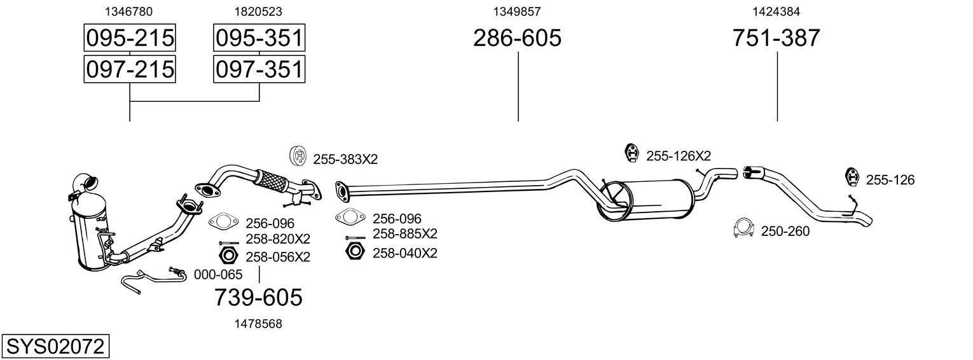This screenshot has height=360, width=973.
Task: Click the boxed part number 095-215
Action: [x=130, y=38]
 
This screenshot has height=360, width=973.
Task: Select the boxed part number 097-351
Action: [x=259, y=69]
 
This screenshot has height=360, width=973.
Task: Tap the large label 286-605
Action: [x=517, y=38]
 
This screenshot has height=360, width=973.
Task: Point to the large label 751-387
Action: [x=776, y=38]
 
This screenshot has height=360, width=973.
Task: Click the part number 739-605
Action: [x=258, y=297]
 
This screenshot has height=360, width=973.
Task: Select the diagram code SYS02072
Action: [x=55, y=347]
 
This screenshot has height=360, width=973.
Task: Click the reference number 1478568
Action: [x=258, y=324]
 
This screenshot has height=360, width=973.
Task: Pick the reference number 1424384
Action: [x=776, y=11]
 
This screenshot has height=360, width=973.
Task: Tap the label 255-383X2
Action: [x=345, y=159]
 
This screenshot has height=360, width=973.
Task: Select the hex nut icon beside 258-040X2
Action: [x=354, y=252]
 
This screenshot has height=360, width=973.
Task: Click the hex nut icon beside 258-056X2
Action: [x=228, y=256]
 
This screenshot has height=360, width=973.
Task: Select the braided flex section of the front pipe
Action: [x=269, y=178]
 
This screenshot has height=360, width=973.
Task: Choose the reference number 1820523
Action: [x=258, y=11]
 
